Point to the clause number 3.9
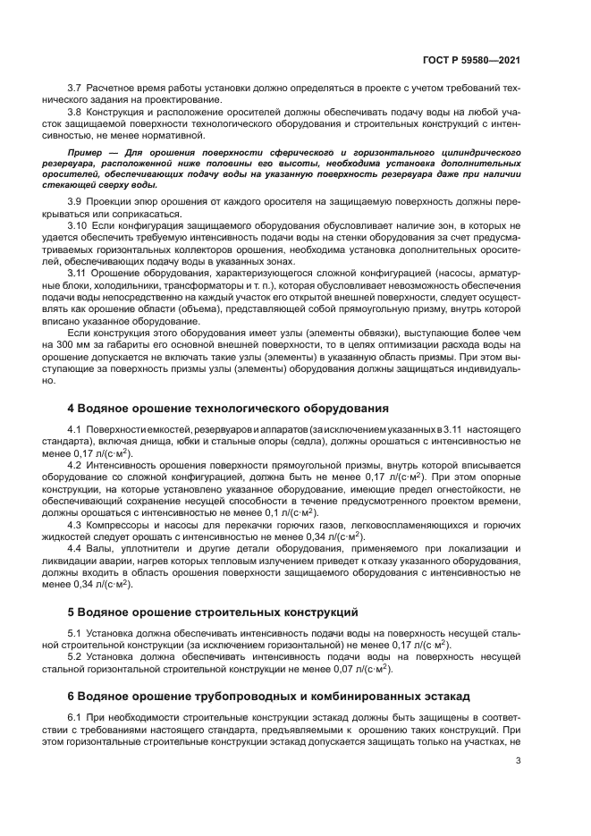point(75,204)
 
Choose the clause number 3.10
point(78,226)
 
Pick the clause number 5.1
point(75,633)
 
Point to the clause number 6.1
point(75,716)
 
